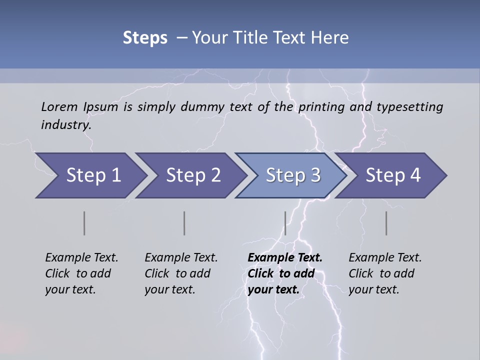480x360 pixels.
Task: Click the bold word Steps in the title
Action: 145,37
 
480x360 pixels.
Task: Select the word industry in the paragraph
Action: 65,124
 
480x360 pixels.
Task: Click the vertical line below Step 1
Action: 84,223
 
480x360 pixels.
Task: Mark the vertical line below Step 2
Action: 184,223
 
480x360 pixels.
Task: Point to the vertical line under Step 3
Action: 285,223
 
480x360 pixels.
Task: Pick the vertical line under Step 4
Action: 386,223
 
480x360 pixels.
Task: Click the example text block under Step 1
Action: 81,273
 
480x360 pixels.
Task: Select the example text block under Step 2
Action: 181,273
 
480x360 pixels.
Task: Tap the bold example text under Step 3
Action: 285,273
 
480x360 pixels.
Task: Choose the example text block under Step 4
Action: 385,273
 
